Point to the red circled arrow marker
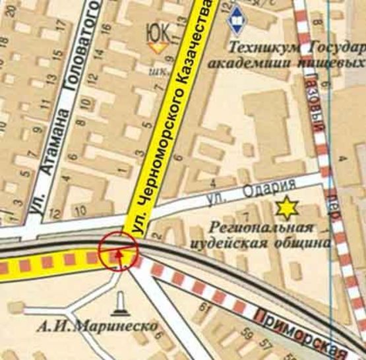pyautogui.click(x=119, y=251)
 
